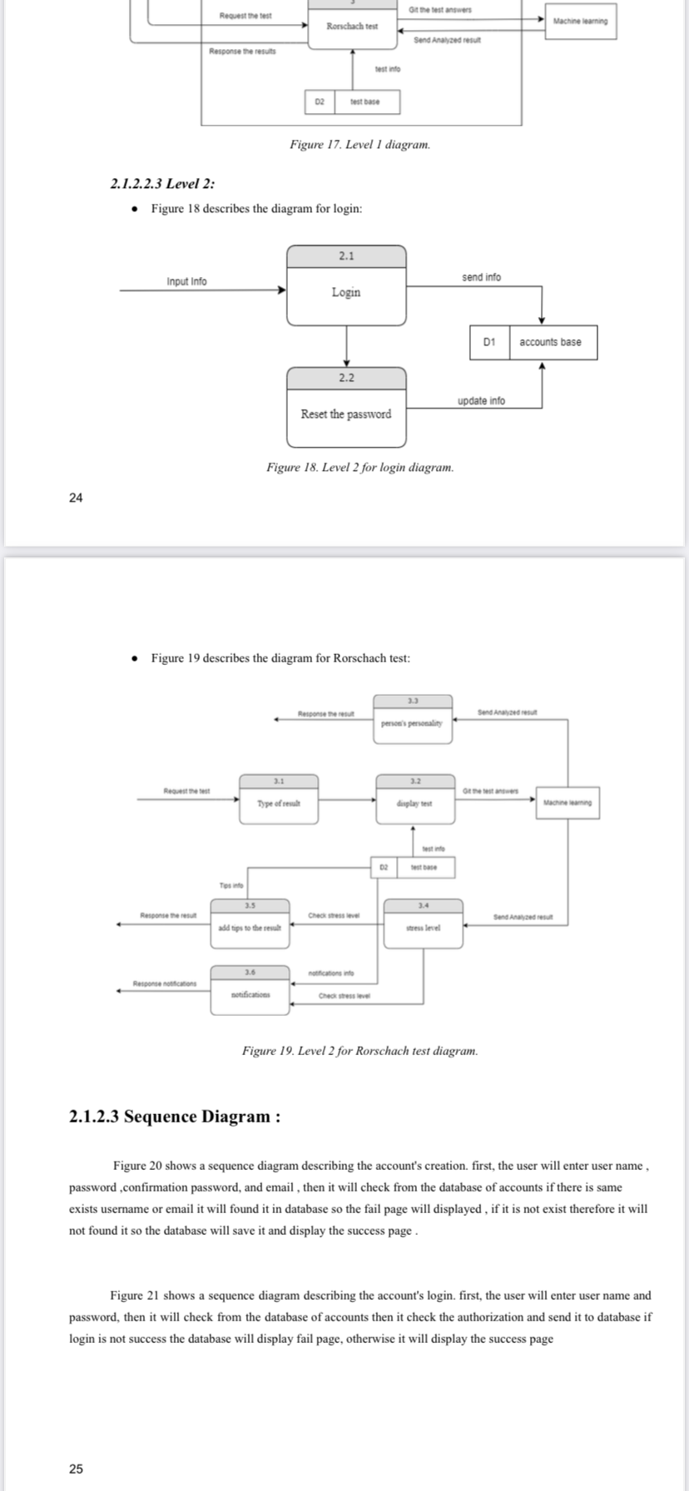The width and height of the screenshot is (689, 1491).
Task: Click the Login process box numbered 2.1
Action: (x=346, y=285)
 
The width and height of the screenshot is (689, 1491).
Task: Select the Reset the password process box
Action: (x=346, y=407)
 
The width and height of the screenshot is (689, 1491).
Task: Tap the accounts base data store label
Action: (x=550, y=342)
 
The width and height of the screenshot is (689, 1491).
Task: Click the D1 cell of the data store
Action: (x=489, y=342)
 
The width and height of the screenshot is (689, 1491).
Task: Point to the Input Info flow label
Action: (x=187, y=281)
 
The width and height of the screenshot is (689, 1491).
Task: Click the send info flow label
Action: (x=481, y=277)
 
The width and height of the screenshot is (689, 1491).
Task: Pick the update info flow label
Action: (x=481, y=401)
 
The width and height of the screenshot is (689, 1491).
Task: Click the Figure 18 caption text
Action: (x=360, y=468)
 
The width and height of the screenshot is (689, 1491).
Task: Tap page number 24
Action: (x=76, y=498)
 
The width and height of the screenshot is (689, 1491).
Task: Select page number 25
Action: (x=76, y=1469)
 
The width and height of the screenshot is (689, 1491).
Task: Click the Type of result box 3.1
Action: (x=279, y=799)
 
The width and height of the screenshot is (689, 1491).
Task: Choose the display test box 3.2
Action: (x=414, y=799)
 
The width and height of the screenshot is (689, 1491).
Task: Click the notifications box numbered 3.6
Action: (x=250, y=989)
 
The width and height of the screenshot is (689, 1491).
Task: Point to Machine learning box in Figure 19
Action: (x=567, y=803)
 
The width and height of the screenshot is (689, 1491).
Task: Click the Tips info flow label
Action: (x=230, y=885)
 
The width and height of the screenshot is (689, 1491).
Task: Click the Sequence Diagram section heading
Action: (x=174, y=1117)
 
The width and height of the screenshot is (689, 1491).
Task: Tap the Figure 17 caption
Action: (x=360, y=145)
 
